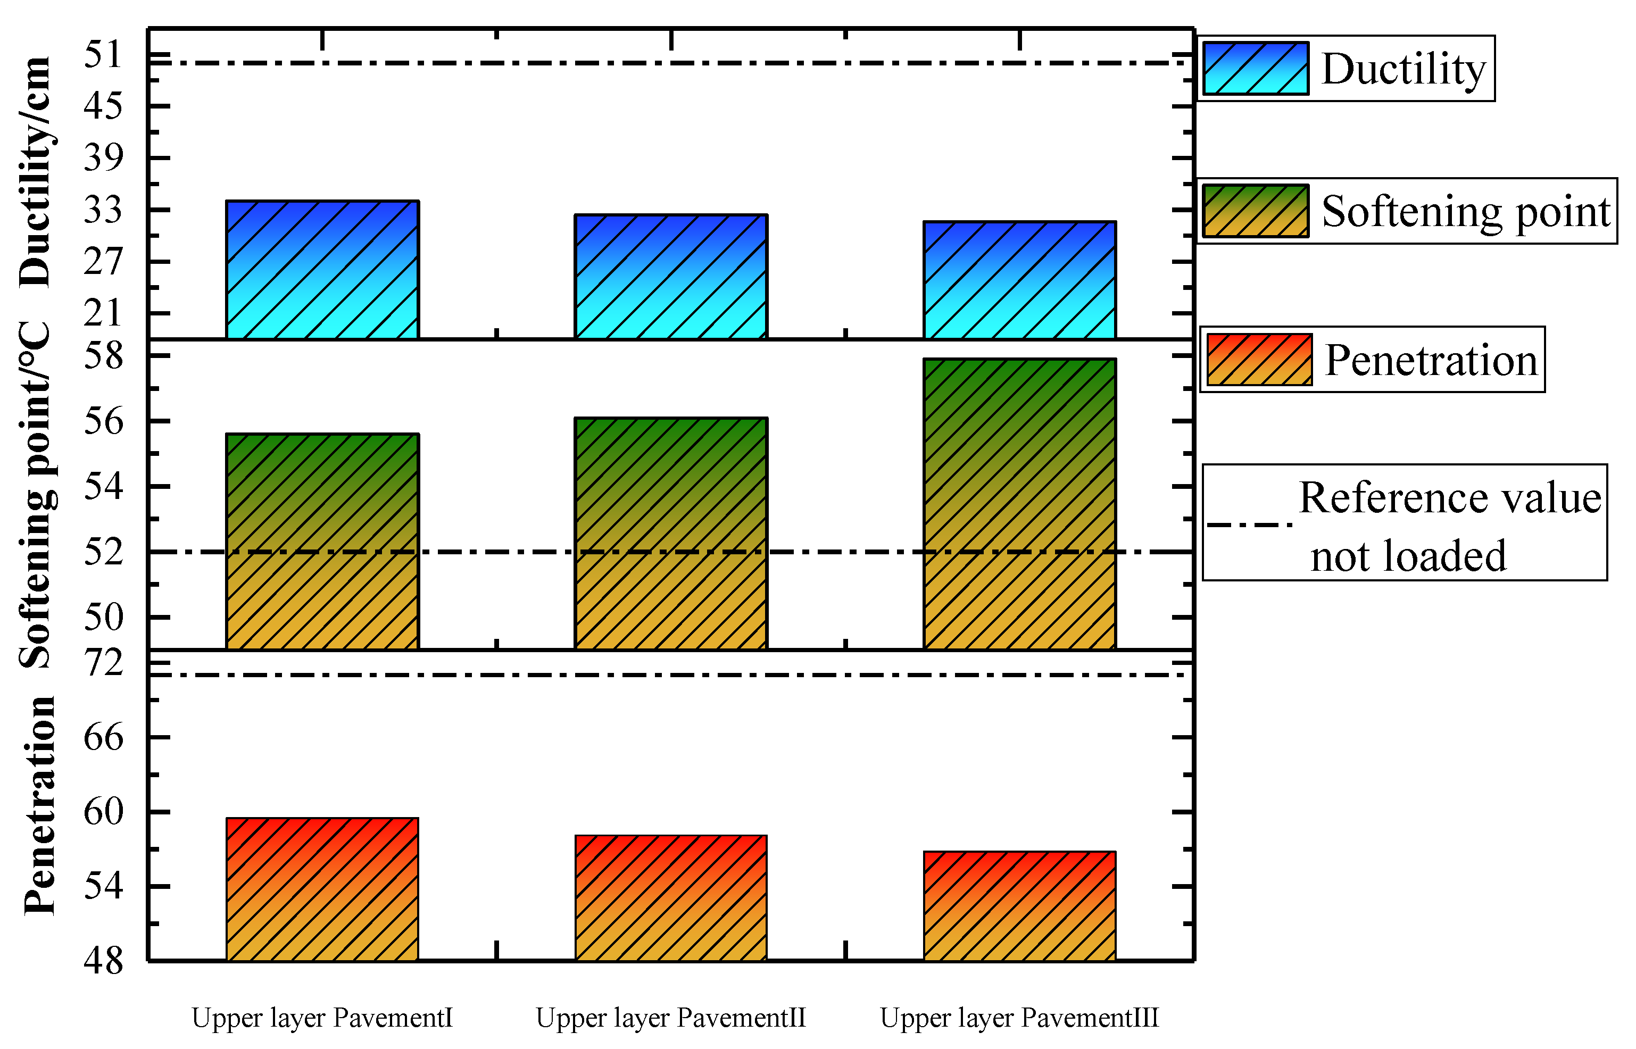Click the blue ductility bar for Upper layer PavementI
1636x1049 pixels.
click(322, 270)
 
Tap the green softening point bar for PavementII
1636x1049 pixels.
click(671, 534)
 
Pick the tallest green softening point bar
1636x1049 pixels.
click(1019, 504)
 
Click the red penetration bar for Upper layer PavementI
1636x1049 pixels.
click(322, 889)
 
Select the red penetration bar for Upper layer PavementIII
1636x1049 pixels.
click(1019, 906)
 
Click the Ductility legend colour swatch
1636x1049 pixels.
click(1255, 68)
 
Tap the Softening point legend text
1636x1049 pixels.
click(1466, 211)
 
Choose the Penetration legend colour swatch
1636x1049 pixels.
click(1259, 360)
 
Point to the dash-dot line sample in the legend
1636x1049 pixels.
click(1249, 525)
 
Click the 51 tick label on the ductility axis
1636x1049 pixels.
click(103, 54)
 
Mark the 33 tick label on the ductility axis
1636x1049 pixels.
click(103, 210)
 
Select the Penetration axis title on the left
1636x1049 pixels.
click(39, 805)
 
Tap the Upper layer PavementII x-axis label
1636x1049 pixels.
click(671, 1018)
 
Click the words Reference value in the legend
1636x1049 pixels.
click(1449, 498)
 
